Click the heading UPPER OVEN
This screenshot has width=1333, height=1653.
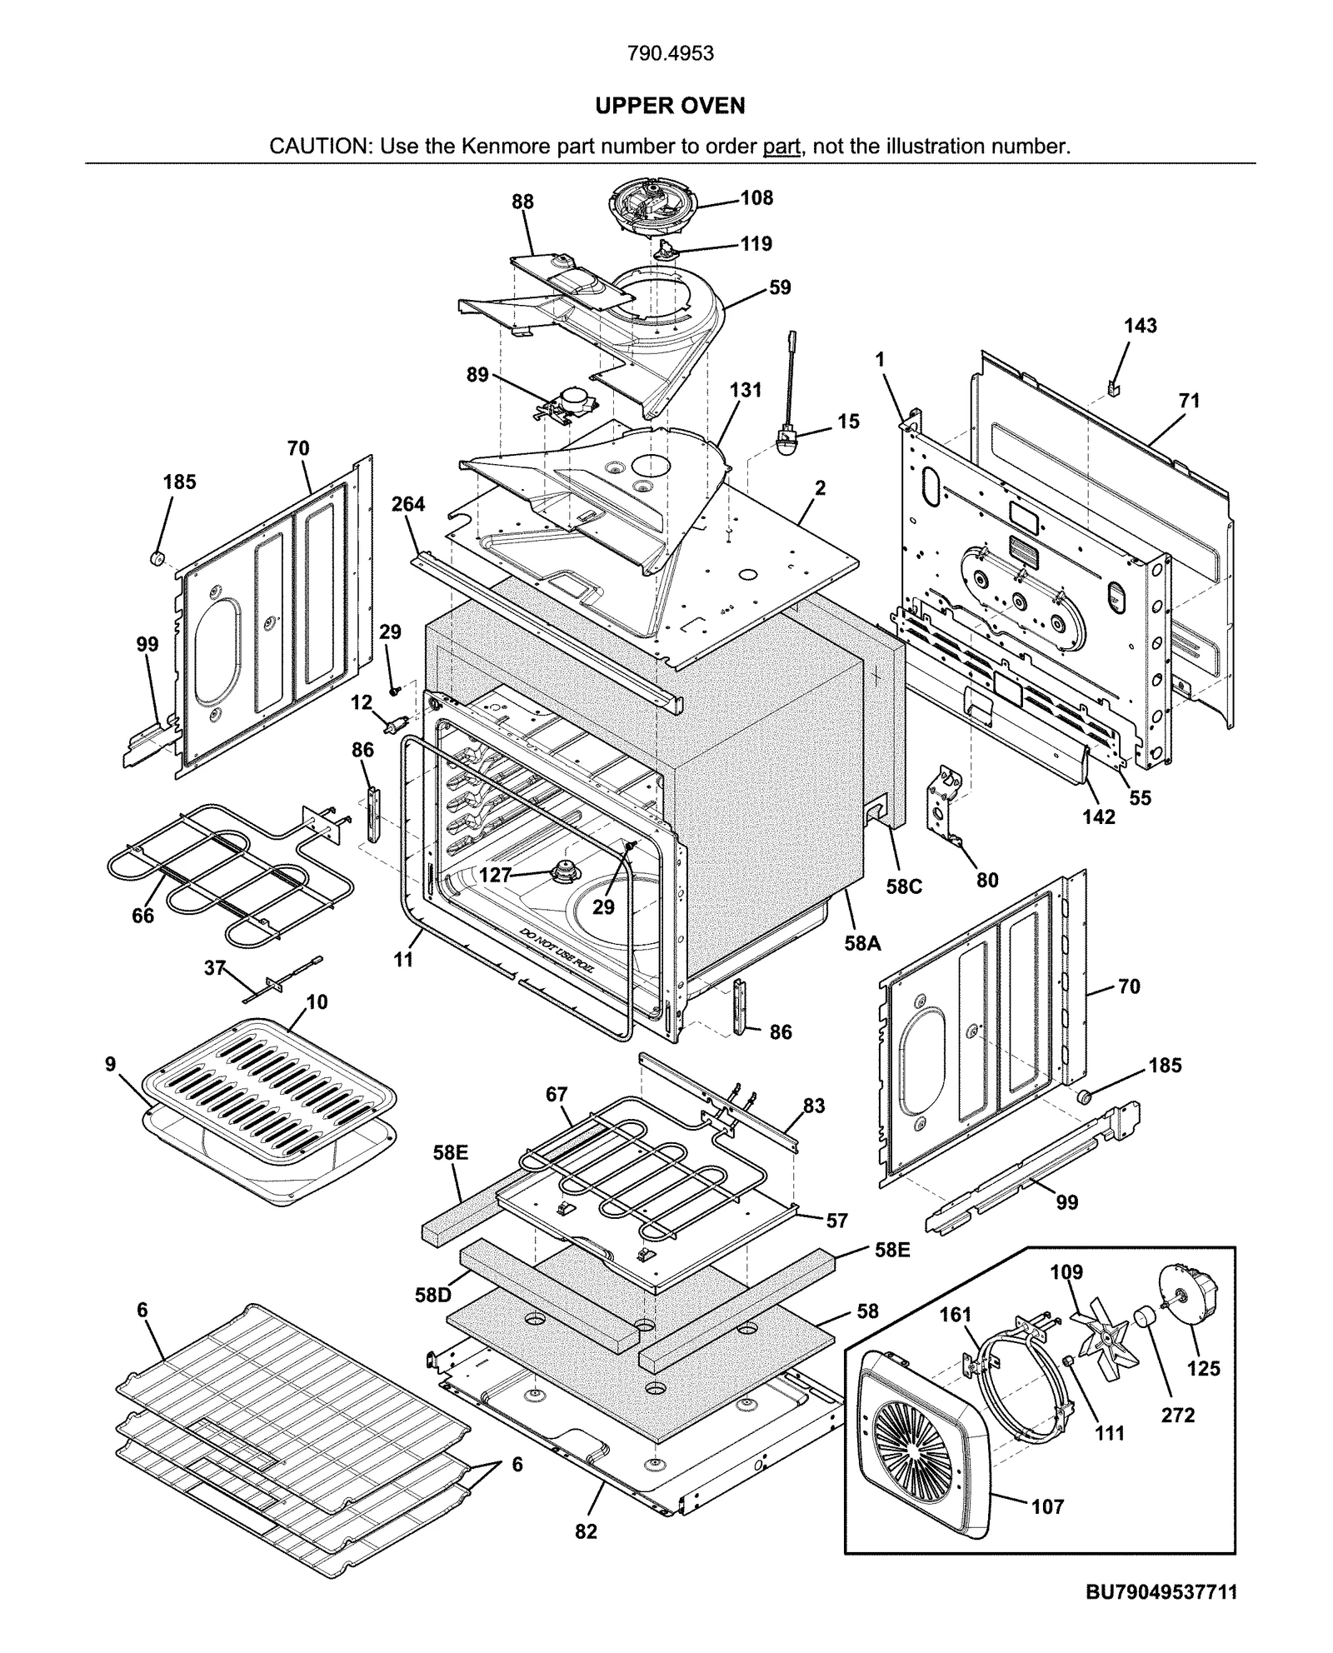pyautogui.click(x=670, y=106)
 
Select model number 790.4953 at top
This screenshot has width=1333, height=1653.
pyautogui.click(x=670, y=53)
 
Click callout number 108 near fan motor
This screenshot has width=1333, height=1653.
pyautogui.click(x=756, y=198)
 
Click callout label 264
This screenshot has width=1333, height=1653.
pyautogui.click(x=408, y=504)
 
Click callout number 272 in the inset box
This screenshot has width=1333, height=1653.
pyautogui.click(x=1178, y=1415)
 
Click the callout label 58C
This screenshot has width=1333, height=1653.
pyautogui.click(x=904, y=886)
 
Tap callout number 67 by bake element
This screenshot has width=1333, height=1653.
pyautogui.click(x=557, y=1095)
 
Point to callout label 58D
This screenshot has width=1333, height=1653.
pyautogui.click(x=433, y=1296)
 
